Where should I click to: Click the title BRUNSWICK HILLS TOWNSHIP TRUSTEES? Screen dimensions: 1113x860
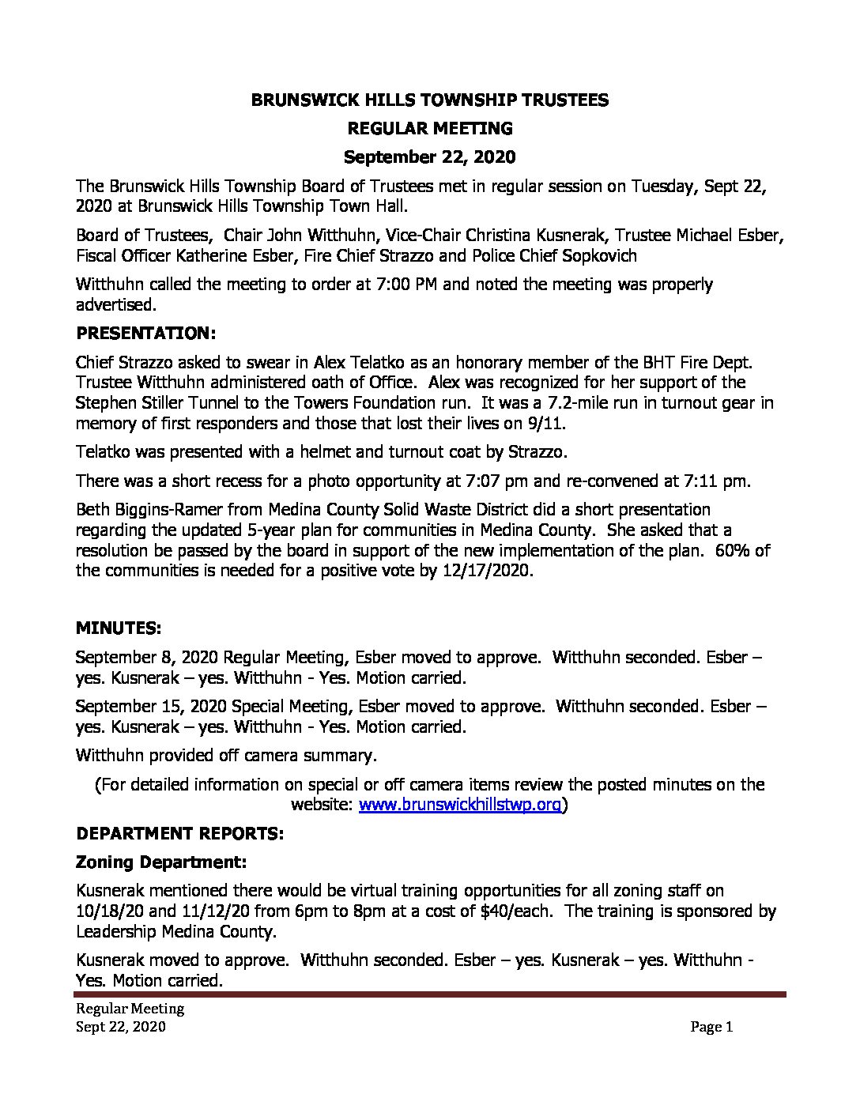pyautogui.click(x=429, y=100)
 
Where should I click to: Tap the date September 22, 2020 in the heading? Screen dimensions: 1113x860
pyautogui.click(x=429, y=157)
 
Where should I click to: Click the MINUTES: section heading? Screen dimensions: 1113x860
pyautogui.click(x=118, y=628)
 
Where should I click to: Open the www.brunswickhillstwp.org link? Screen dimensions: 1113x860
pyautogui.click(x=460, y=805)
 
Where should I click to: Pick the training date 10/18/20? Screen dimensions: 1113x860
pyautogui.click(x=107, y=911)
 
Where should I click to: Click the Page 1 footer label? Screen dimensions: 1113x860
pyautogui.click(x=711, y=1028)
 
